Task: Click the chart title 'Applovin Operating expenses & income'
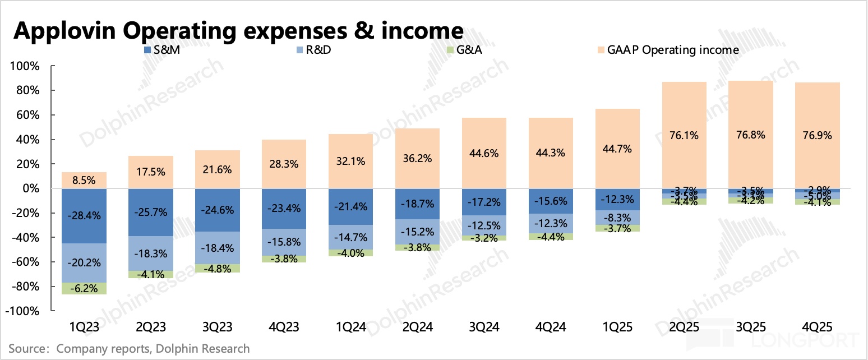pos(238,30)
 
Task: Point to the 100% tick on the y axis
pos(25,66)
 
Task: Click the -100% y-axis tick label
pos(22,311)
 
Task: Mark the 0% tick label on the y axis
pos(31,189)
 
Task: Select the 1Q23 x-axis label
pos(84,327)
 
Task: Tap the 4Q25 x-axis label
pos(818,327)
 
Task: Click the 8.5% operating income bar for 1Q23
pos(84,181)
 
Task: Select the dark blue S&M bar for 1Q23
pos(84,216)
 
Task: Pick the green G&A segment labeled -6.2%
pos(84,289)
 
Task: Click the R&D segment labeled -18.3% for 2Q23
pos(151,253)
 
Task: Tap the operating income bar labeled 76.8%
pos(750,135)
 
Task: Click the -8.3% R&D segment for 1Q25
pos(617,217)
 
